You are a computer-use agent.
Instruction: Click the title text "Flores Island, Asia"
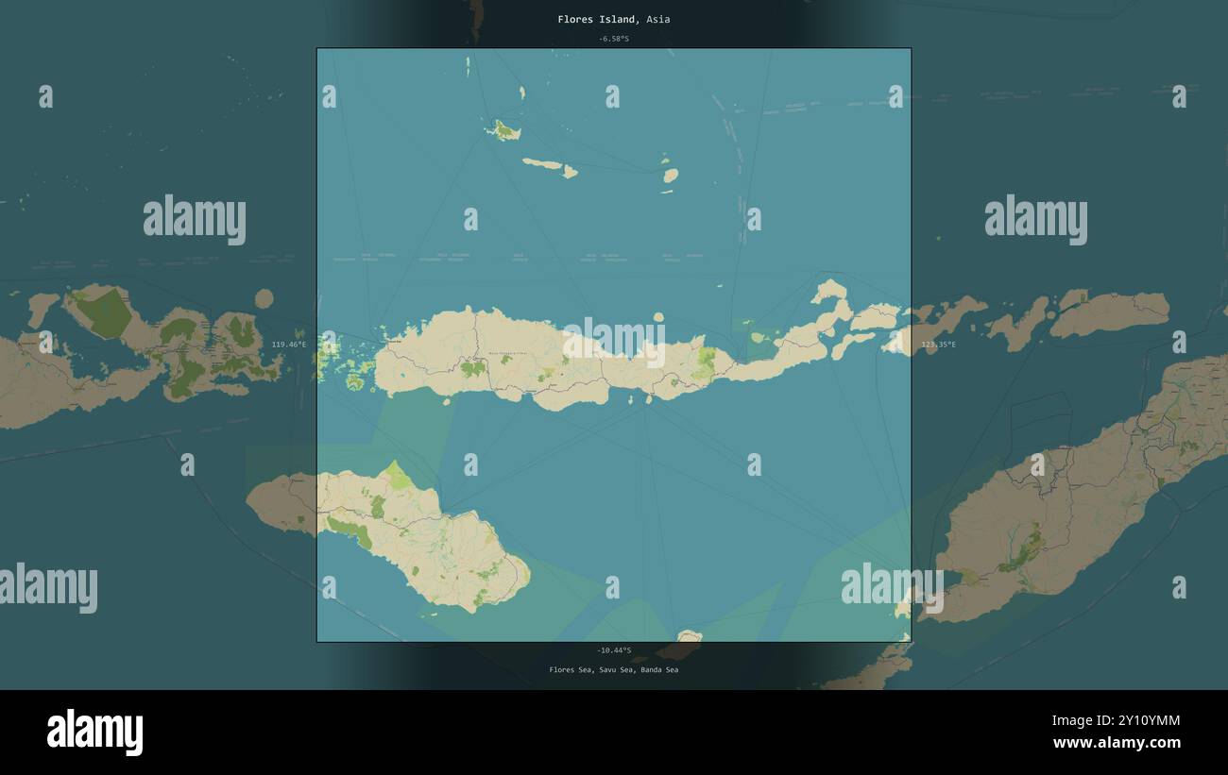coord(613,19)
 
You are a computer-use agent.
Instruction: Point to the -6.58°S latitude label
coord(613,39)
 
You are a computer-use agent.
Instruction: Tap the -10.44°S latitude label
coord(613,650)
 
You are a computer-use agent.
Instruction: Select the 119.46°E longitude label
coord(289,345)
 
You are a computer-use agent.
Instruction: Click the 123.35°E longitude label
coord(938,345)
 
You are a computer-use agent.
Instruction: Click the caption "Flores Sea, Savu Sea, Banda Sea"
coord(613,670)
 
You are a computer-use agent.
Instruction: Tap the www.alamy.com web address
coord(1116,743)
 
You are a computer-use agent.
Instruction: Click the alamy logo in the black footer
coord(95,733)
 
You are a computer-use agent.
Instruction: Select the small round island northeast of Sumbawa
coord(264,299)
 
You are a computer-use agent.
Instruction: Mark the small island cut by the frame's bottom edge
coord(690,636)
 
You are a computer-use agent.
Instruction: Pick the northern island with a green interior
coord(504,130)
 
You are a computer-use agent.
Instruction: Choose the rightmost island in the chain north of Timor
coord(1109,313)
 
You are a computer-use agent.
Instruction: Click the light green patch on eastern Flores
coord(704,362)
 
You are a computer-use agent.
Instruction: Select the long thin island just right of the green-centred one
coord(543,164)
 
